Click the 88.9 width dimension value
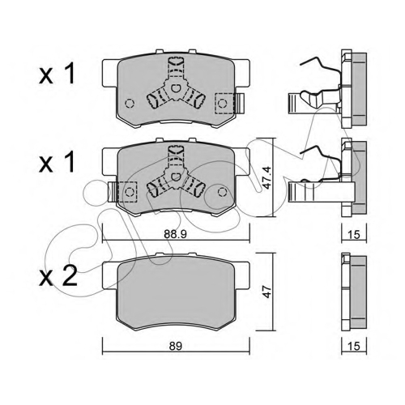click(175, 235)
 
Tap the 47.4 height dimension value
click(267, 177)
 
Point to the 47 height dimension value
click(267, 291)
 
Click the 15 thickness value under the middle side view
click(354, 235)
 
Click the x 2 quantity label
click(58, 276)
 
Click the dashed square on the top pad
click(224, 103)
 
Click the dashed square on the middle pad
click(128, 192)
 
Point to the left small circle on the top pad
click(130, 103)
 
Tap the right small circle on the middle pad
click(222, 192)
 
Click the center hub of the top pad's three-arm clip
click(176, 88)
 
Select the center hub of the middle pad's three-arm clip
click(176, 177)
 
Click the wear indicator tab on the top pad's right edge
click(240, 103)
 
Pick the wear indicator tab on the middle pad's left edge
click(112, 192)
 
